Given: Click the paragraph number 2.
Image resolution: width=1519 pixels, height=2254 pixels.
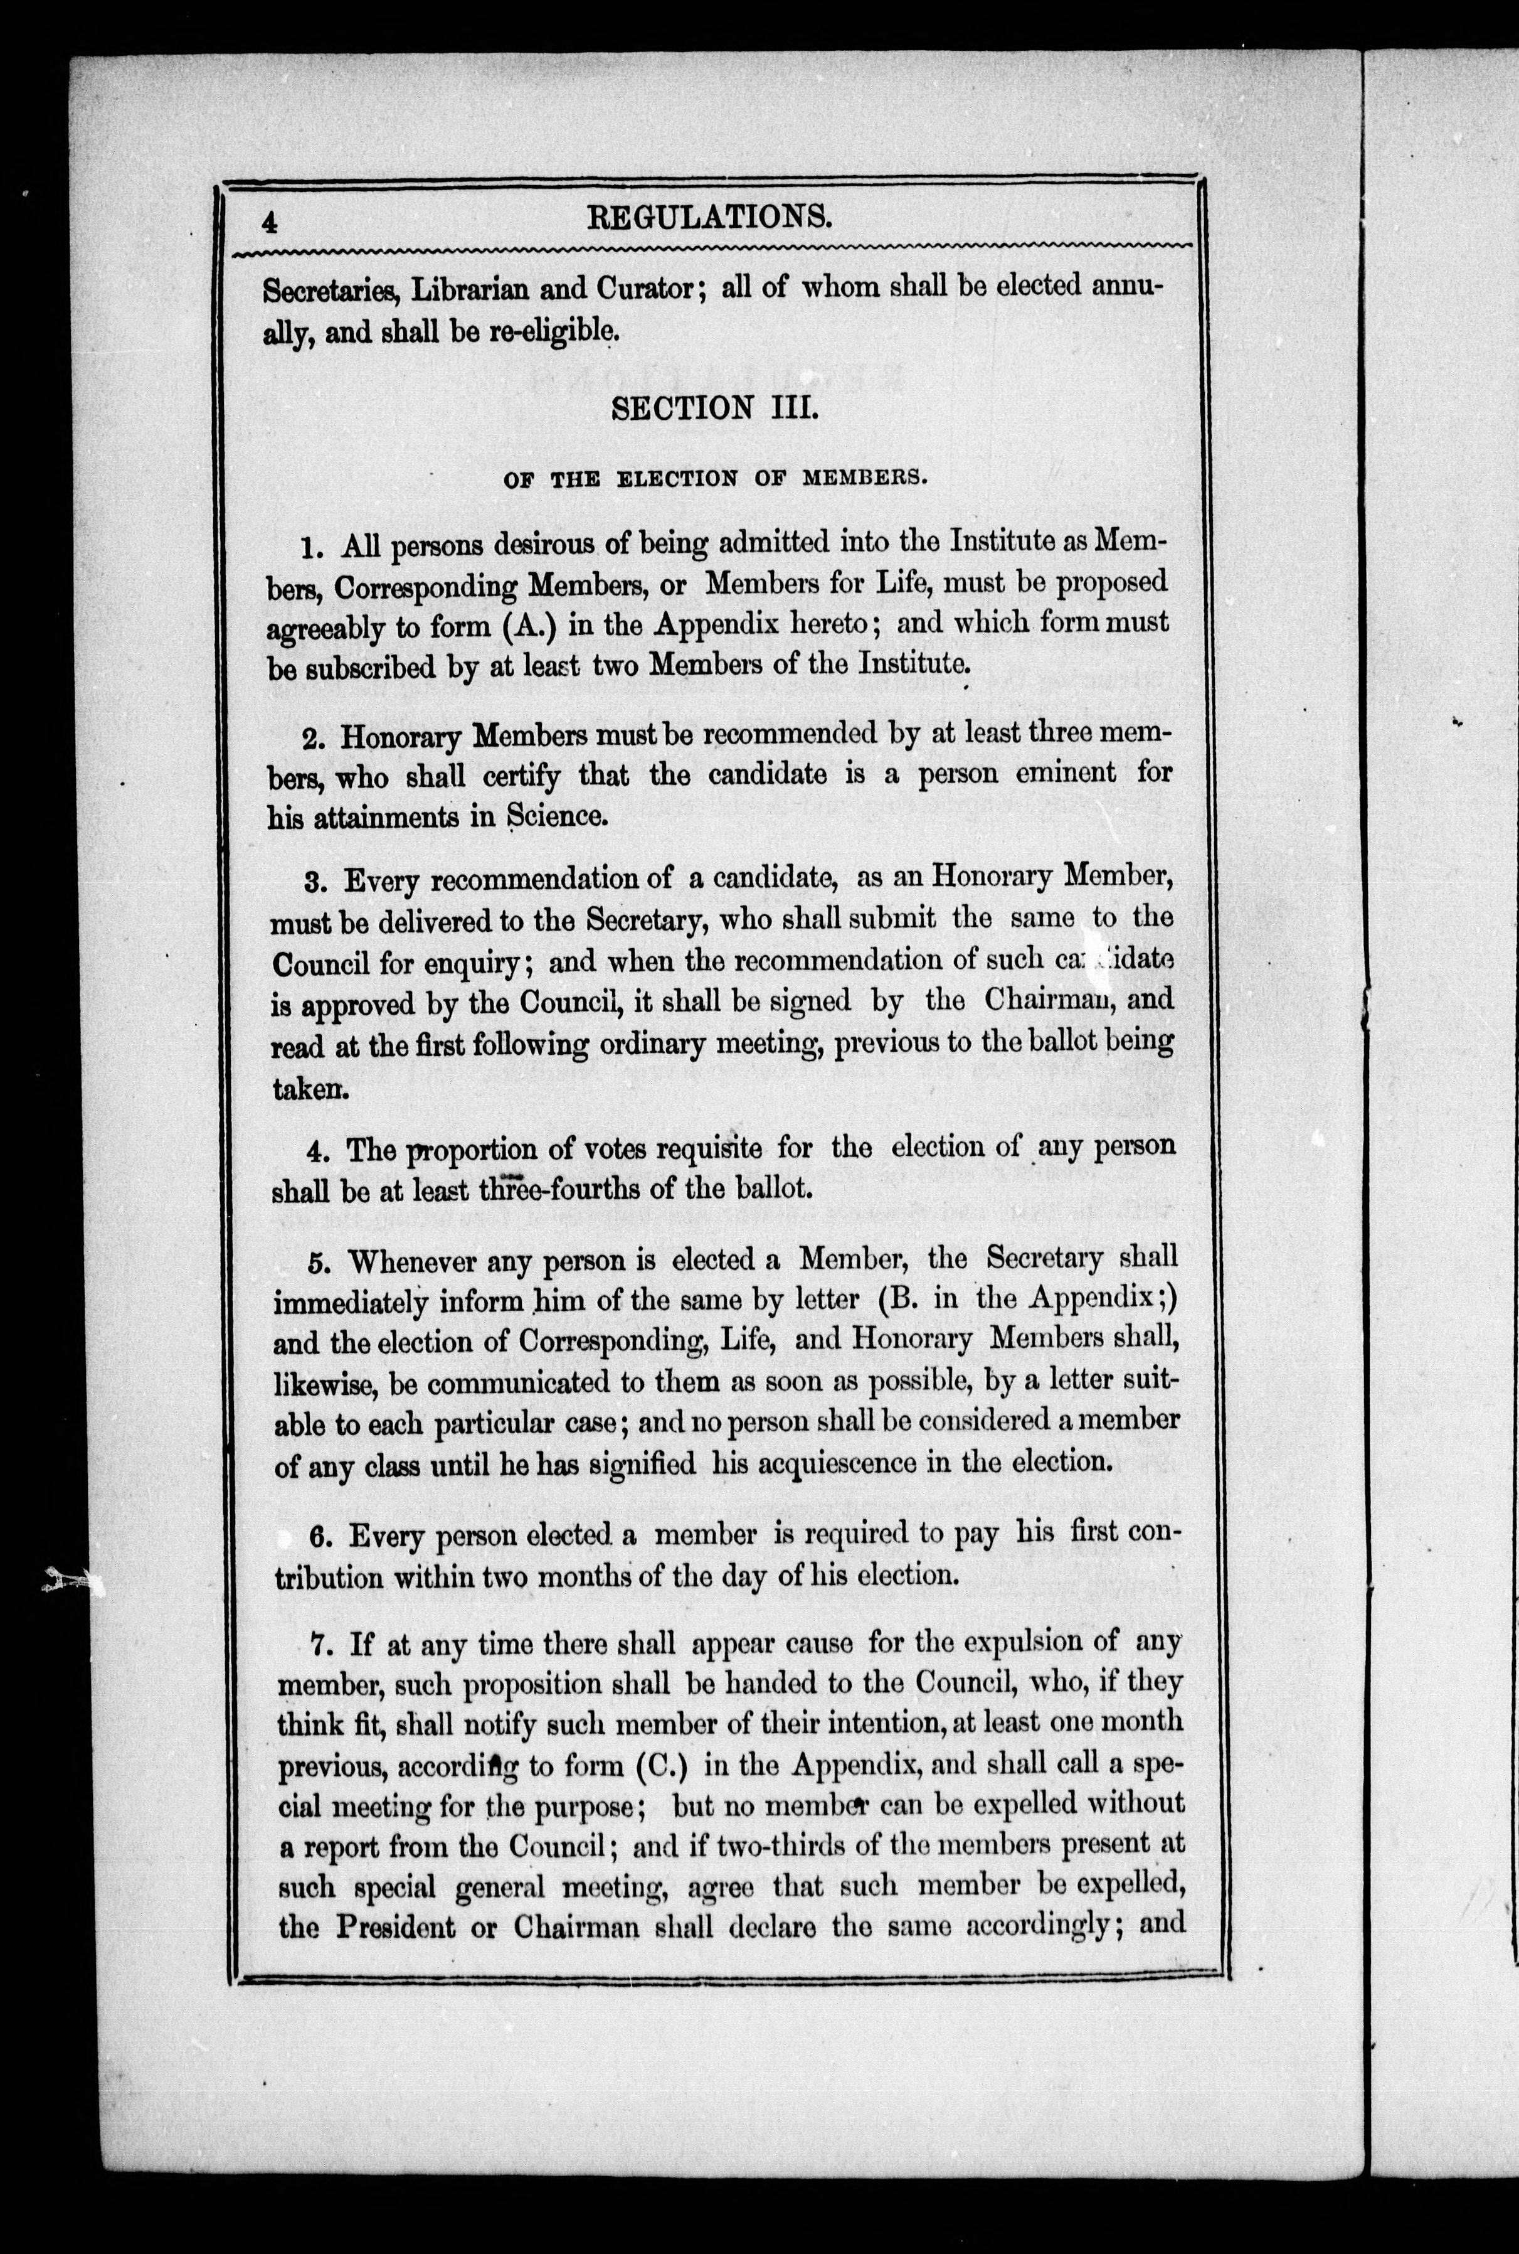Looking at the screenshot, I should (312, 737).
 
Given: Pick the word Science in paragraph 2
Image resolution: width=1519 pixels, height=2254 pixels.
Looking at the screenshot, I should (557, 816).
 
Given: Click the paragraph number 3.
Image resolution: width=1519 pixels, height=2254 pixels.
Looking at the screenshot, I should (313, 882).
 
